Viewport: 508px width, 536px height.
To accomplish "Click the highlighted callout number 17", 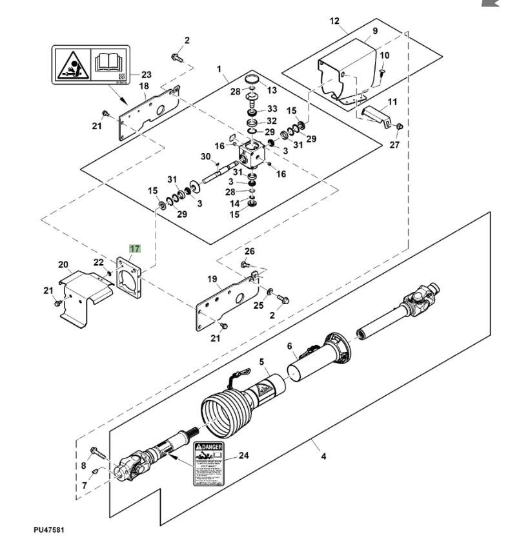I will pyautogui.click(x=134, y=247).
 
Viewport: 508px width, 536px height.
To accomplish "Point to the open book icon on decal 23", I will pyautogui.click(x=108, y=63).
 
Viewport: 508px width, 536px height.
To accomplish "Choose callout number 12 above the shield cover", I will pyautogui.click(x=334, y=21).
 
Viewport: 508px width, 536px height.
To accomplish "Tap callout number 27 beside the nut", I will pyautogui.click(x=394, y=145).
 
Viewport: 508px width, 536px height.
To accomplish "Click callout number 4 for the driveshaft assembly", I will pyautogui.click(x=323, y=457).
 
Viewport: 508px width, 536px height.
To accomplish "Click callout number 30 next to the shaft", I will pyautogui.click(x=206, y=156).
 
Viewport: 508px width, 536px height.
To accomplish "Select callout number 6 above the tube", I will pyautogui.click(x=290, y=346).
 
